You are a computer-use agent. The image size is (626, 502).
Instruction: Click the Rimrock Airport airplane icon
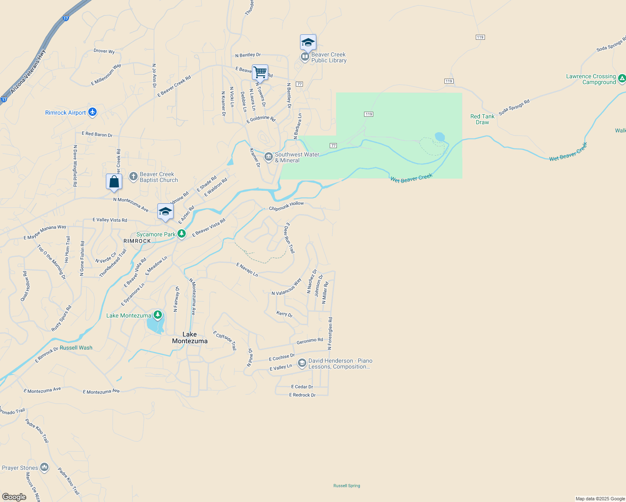(x=92, y=112)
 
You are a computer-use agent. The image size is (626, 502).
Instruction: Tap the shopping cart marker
(x=260, y=72)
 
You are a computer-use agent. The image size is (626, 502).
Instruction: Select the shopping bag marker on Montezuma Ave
(x=114, y=182)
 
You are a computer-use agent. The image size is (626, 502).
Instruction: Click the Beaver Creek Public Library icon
(x=305, y=57)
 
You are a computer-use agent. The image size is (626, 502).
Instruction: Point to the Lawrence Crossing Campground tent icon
(x=622, y=78)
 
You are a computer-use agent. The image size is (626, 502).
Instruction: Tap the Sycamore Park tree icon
(x=181, y=234)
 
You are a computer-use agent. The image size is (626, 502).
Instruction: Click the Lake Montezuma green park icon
(x=157, y=315)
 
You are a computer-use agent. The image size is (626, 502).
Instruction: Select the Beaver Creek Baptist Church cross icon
(x=133, y=177)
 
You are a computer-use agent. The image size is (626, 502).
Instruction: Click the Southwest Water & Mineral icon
(x=268, y=157)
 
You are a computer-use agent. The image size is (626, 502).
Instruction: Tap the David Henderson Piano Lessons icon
(x=302, y=363)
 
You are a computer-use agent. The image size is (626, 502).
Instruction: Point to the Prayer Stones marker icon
(x=44, y=467)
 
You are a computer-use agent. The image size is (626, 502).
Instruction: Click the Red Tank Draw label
(x=482, y=119)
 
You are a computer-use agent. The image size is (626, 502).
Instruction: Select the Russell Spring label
(x=346, y=486)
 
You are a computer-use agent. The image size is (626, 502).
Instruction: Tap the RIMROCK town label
(x=137, y=241)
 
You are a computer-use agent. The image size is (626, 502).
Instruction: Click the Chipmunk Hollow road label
(x=286, y=205)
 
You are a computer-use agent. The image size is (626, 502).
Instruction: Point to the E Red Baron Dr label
(x=97, y=134)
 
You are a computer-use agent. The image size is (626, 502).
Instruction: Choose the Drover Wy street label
(x=104, y=51)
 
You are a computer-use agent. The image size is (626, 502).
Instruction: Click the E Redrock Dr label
(x=302, y=395)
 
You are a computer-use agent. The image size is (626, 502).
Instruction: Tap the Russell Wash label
(x=76, y=348)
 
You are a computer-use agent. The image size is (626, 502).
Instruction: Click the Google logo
(x=14, y=497)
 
